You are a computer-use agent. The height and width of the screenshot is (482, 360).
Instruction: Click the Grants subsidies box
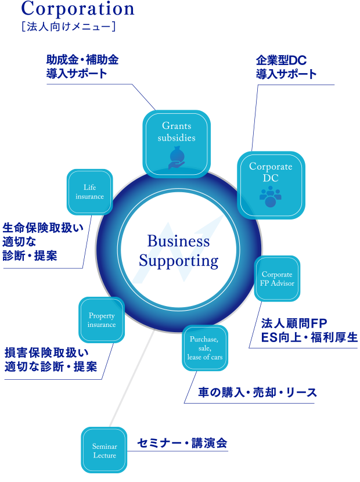tap(177, 143)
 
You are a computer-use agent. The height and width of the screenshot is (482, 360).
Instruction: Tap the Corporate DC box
tap(271, 185)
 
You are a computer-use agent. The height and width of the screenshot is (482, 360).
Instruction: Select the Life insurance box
tap(89, 192)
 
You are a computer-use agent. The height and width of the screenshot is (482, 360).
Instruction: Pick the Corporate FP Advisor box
tap(278, 278)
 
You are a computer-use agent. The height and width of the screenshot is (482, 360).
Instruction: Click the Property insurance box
tap(102, 320)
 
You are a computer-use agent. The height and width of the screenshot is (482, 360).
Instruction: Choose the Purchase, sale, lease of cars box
tap(204, 347)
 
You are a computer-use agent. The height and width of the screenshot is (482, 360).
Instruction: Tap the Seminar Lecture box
tap(105, 450)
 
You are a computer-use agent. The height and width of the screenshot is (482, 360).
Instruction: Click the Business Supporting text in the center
tap(178, 251)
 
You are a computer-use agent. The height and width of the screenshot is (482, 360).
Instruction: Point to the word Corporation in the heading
tap(78, 9)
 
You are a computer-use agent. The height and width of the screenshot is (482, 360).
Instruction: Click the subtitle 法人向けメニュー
tap(67, 26)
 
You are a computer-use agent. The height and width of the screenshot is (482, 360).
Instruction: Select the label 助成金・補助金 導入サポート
tap(82, 67)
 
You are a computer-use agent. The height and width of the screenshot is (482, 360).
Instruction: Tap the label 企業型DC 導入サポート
tap(286, 67)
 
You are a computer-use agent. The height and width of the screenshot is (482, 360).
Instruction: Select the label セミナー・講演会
tap(182, 443)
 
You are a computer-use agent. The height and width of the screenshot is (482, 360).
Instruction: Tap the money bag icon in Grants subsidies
tap(177, 157)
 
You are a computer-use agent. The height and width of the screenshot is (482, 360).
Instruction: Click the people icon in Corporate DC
tap(270, 196)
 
